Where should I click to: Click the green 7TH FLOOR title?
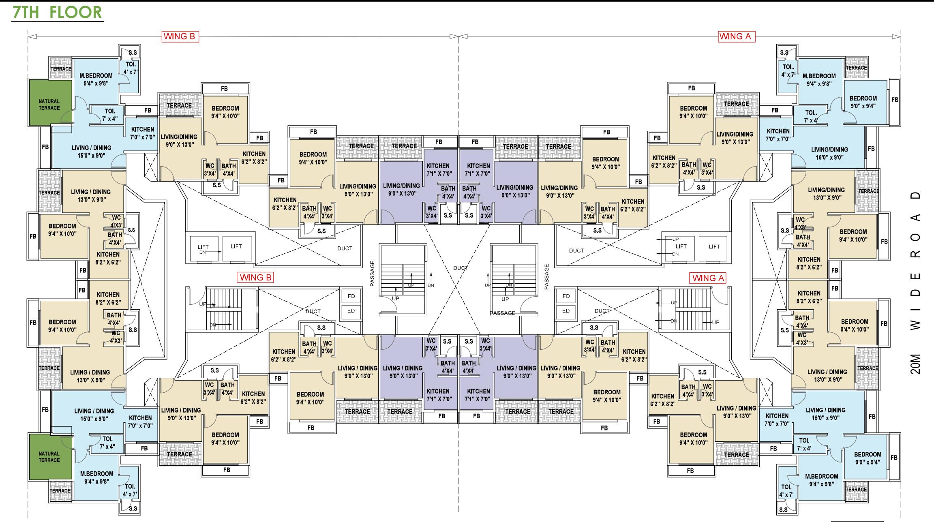[57, 12]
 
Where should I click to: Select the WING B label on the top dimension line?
[179, 36]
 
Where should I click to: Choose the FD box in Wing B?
[351, 296]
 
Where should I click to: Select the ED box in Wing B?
[351, 311]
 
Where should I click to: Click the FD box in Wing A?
[566, 296]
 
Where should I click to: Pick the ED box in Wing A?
[566, 311]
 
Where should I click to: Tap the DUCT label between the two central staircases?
[461, 268]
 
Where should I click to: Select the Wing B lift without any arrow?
[236, 246]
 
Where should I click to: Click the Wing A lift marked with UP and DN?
[681, 246]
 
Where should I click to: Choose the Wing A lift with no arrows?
[714, 246]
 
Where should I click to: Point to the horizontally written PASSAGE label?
[502, 313]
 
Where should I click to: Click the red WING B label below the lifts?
[255, 278]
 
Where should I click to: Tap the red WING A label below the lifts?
[708, 278]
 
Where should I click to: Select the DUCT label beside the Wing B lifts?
[345, 248]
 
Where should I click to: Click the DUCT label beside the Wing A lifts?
[576, 250]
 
